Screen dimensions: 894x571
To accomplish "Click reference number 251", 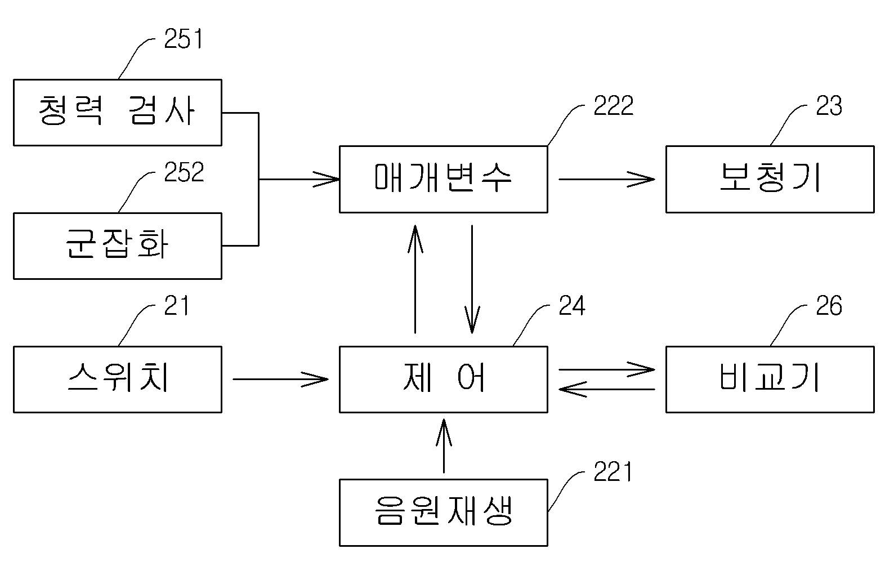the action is tap(184, 39).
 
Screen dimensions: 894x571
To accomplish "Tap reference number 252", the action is tap(184, 172).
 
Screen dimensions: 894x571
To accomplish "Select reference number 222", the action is tap(614, 105).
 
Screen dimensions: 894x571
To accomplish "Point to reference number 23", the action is tap(829, 105).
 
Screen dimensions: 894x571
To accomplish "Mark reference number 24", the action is tap(572, 305).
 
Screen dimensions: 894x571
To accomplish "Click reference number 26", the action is tap(829, 305).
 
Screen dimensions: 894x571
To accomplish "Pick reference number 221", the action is tap(613, 471).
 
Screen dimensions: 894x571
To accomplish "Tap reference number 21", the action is tap(176, 305).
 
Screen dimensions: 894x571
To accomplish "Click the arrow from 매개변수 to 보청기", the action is tap(607, 179).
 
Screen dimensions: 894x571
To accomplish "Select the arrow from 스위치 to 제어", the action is tap(280, 380).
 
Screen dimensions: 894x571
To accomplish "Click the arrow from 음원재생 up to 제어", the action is tap(444, 445).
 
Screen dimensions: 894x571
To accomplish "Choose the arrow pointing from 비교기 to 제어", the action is tap(607, 389).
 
